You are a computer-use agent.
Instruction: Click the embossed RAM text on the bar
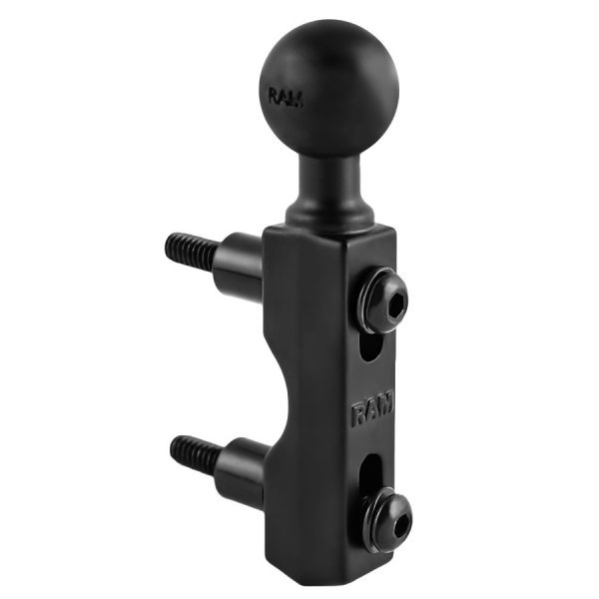[372, 409]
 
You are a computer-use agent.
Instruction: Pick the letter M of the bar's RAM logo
[386, 404]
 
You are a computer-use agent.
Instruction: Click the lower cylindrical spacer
[240, 467]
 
